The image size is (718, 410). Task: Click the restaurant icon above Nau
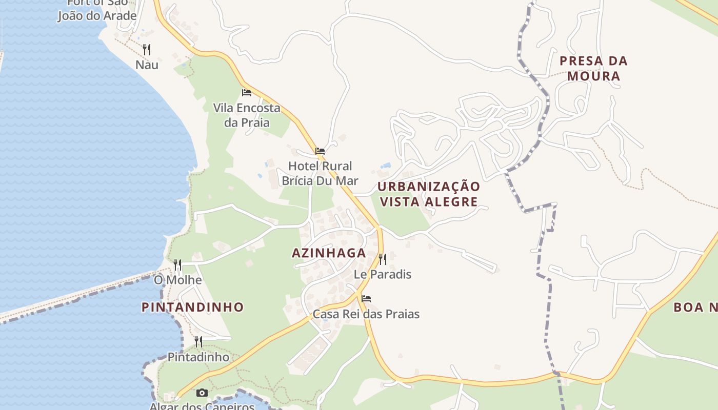(x=147, y=49)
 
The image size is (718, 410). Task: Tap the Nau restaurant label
(x=147, y=65)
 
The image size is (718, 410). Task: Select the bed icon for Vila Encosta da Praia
(x=247, y=93)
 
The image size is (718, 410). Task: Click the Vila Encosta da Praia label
(x=247, y=115)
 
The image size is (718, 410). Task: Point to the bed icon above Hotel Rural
(x=320, y=151)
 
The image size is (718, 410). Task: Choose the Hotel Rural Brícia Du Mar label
(x=320, y=173)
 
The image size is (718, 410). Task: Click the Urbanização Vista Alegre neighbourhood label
(x=429, y=194)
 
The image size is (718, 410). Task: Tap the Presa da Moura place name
(x=593, y=68)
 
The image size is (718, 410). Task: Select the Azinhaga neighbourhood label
(x=329, y=253)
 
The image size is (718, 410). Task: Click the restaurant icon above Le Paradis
(x=383, y=259)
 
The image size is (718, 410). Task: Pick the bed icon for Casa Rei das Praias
(x=366, y=298)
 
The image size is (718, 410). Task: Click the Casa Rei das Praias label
(x=366, y=314)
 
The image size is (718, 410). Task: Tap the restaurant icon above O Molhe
(x=177, y=264)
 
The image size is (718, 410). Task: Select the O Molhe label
(x=178, y=280)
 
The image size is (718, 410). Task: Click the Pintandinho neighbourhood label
(x=193, y=307)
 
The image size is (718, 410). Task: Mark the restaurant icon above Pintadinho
(x=198, y=341)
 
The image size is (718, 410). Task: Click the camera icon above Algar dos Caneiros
(x=202, y=393)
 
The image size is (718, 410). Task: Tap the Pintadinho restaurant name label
(x=198, y=357)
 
